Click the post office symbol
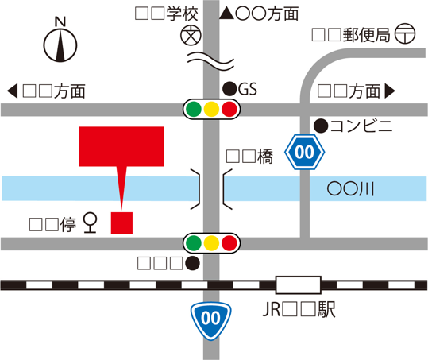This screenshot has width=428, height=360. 404,35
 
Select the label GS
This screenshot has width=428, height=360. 249,87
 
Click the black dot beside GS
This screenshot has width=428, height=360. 229,87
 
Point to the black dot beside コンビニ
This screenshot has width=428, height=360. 320,125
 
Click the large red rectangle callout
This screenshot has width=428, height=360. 121,146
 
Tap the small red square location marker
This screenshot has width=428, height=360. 121,223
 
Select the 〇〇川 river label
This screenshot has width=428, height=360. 350,188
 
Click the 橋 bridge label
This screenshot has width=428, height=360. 249,157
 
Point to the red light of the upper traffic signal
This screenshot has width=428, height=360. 229,109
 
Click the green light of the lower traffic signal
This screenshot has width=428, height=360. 193,242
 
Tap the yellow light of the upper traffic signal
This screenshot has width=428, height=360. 211,109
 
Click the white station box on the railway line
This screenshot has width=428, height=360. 298,284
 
